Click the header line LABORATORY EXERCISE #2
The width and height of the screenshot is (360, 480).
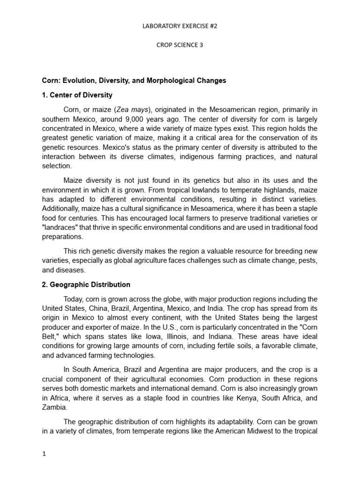180,26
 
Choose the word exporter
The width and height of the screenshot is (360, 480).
90,327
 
